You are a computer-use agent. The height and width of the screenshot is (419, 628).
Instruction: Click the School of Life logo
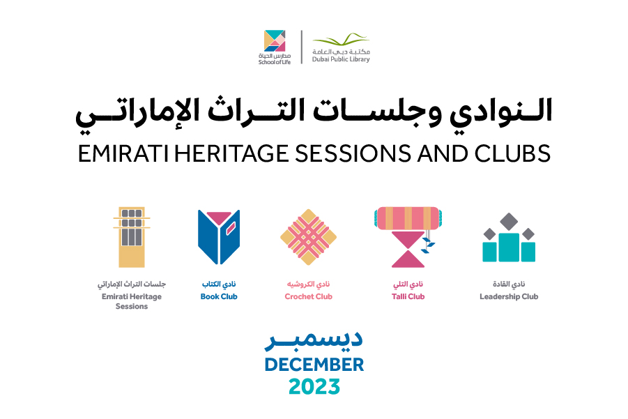[275, 47]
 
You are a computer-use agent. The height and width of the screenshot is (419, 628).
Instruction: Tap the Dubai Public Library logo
[341, 47]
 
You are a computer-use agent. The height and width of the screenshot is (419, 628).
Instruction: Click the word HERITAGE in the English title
[231, 153]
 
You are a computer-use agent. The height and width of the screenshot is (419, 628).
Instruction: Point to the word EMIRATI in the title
[123, 153]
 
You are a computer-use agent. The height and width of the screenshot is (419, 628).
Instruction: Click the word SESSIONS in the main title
[353, 153]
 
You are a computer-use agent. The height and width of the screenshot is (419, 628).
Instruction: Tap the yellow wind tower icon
[132, 237]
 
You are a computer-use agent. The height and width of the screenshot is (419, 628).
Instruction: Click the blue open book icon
[219, 237]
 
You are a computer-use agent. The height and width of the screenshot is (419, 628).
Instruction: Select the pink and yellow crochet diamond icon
[308, 237]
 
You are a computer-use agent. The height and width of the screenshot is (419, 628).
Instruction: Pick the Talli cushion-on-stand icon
[408, 237]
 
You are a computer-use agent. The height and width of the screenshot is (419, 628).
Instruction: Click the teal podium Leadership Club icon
[509, 238]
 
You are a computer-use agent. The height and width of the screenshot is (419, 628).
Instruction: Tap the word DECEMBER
[314, 365]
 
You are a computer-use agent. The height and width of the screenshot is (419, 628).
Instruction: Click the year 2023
[314, 386]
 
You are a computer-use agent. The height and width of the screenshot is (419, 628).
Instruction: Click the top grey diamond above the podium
[509, 222]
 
